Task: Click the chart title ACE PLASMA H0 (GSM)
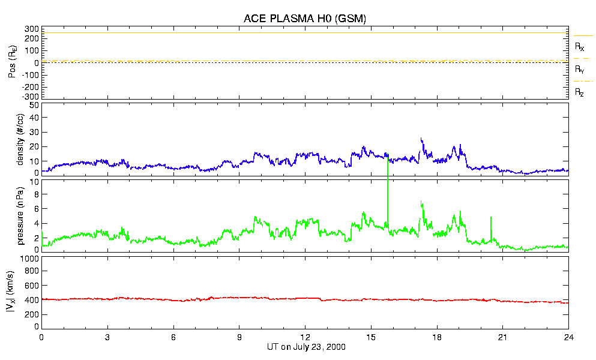(x=304, y=19)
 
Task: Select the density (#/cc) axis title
(x=20, y=137)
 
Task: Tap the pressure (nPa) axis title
(x=20, y=215)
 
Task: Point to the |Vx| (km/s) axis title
(x=20, y=292)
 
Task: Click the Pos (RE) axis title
(x=13, y=62)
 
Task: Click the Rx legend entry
(x=580, y=46)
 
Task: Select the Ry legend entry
(x=580, y=70)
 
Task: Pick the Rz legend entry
(x=580, y=92)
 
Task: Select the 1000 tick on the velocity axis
(x=29, y=259)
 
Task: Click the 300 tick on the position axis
(x=32, y=29)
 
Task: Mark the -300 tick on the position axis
(x=31, y=96)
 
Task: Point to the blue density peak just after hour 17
(x=421, y=140)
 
